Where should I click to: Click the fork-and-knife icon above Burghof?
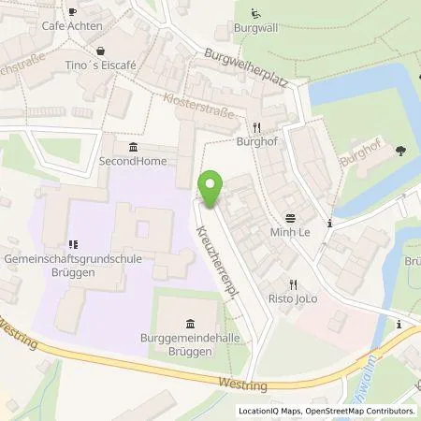255,127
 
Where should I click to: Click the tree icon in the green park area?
401,150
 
